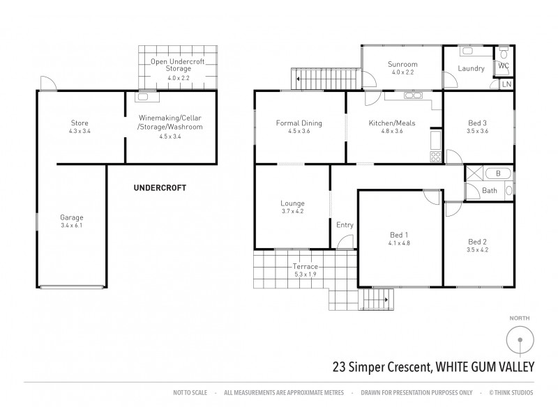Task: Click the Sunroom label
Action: [402, 64]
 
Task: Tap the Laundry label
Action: [472, 68]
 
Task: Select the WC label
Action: [504, 65]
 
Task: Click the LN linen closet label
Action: [506, 84]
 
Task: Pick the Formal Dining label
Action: [299, 123]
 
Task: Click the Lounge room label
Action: [292, 203]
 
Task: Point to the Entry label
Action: [345, 225]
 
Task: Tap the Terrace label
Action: [306, 267]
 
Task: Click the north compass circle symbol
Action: [519, 341]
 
